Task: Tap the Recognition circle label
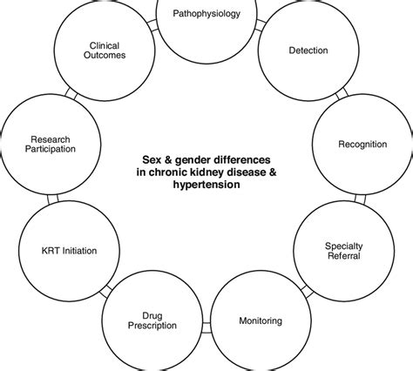(x=362, y=144)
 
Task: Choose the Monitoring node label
(x=261, y=321)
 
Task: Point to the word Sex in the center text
(x=152, y=160)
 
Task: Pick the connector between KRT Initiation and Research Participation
(x=50, y=198)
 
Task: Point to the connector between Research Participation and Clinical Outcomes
(x=70, y=92)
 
